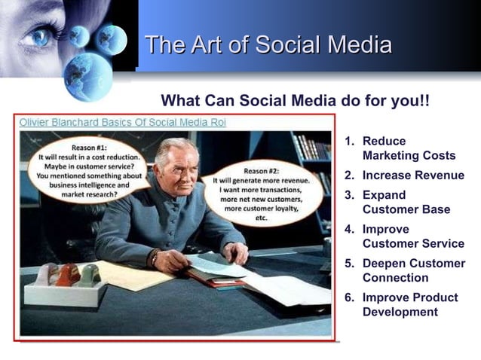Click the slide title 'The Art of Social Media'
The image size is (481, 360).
(268, 44)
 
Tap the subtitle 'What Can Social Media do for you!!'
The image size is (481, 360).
(296, 101)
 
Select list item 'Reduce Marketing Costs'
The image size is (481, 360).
(408, 148)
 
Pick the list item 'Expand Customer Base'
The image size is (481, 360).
(406, 202)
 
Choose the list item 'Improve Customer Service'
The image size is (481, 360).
(412, 236)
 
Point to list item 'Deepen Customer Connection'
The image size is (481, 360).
(413, 270)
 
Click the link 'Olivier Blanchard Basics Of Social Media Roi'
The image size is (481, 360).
(123, 122)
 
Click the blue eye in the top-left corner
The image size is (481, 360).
(38, 35)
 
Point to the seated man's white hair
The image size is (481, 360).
(176, 146)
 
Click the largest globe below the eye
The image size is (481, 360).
(87, 75)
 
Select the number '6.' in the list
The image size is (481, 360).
(350, 297)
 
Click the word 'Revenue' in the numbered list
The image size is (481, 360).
(439, 175)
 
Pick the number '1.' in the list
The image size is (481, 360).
(350, 142)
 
